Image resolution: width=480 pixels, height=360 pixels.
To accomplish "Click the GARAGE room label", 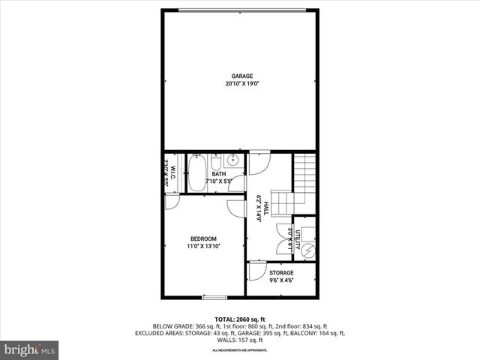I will tap(241, 76).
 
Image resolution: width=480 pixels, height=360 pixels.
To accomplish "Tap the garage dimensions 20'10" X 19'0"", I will tap(241, 84).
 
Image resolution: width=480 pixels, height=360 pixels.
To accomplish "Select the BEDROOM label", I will tap(202, 238).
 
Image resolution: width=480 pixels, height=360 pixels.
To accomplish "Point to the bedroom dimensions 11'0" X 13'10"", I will tap(203, 246).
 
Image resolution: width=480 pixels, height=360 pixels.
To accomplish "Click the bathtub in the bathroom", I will tap(197, 172).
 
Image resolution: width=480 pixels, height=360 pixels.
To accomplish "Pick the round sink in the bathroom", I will tap(232, 160).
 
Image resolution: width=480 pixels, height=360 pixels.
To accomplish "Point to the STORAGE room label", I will tap(281, 273).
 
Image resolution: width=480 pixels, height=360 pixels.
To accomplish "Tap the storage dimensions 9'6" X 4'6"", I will tap(281, 280).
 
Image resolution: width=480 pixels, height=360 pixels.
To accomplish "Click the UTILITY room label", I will tap(297, 239).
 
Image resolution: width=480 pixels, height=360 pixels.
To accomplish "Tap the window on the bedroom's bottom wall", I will tap(214, 297).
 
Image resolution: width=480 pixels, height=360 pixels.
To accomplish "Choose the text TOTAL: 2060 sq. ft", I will tap(239, 319).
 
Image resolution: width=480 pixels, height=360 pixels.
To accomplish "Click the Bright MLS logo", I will tap(30, 349).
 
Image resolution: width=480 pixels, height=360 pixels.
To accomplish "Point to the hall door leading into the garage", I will tap(259, 160).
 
